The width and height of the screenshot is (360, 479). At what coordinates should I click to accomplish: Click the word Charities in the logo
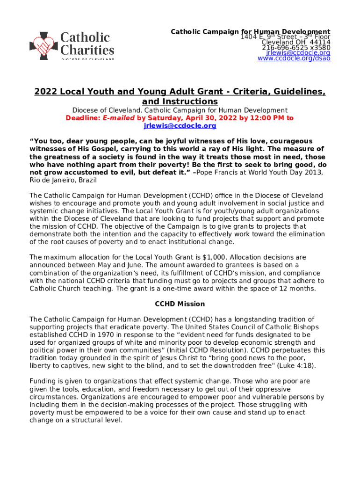coord(87,50)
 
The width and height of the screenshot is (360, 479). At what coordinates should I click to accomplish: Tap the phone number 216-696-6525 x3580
coord(296,48)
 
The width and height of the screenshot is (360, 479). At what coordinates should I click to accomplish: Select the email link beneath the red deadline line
coord(180,126)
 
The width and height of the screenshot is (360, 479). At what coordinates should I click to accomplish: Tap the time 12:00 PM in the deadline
coord(267,118)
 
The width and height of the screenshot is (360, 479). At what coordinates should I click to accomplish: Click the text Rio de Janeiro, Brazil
coord(64,181)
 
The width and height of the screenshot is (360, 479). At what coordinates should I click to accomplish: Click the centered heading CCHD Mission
coord(180,304)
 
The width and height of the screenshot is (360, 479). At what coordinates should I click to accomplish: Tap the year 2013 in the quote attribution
coord(312,173)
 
